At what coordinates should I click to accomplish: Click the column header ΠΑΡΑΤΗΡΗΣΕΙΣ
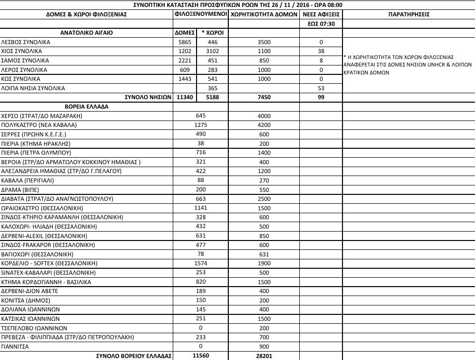tap(408, 14)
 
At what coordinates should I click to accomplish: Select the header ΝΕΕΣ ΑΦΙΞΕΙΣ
tap(321, 14)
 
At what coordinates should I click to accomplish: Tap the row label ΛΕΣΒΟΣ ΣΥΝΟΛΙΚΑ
tap(26, 42)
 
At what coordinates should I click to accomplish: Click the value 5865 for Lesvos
tap(185, 42)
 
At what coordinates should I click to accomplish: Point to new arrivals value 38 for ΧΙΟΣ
tap(321, 51)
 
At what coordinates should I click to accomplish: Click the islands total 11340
tap(185, 97)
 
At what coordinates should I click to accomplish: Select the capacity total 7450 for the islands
tap(265, 97)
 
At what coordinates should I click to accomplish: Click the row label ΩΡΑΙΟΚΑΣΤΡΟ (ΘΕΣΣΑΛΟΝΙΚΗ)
tap(42, 207)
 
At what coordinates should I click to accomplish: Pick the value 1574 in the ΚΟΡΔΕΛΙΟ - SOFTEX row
tap(201, 263)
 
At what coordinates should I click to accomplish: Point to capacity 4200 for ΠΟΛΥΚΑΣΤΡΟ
tap(265, 125)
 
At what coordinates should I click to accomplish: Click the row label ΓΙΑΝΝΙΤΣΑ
tap(15, 347)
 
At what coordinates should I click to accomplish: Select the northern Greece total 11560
tap(201, 356)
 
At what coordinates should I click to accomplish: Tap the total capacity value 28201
tap(265, 356)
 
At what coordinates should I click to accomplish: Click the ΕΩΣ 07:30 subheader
tap(321, 23)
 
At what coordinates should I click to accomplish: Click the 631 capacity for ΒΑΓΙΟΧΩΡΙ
tap(265, 254)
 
